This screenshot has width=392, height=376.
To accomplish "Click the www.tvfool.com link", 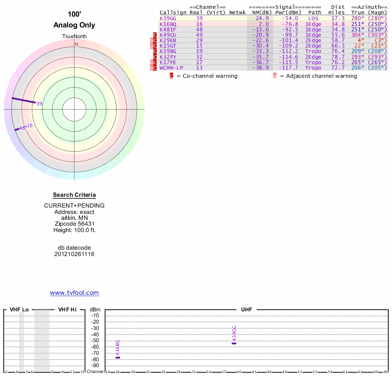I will point(74,293).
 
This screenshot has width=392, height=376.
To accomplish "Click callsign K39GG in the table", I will point(168,18).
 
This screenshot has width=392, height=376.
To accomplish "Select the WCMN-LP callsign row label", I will point(171,68).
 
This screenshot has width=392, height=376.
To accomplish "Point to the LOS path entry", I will point(314,18).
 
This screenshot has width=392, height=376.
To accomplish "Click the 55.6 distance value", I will point(338,35).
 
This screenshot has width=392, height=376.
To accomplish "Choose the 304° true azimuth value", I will point(358,35).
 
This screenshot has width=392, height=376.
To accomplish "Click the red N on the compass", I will point(76,44).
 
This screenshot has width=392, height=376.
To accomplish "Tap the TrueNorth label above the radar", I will point(74,37).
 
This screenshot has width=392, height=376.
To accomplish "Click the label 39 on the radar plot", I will point(39,103).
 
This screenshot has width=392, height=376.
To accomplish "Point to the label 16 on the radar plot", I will point(29,125).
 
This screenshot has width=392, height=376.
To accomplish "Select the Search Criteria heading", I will point(74,195).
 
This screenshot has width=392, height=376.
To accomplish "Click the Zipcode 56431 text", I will point(74,223).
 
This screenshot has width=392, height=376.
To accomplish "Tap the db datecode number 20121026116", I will point(74,254).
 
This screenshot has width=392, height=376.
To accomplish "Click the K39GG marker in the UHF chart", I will point(234,343).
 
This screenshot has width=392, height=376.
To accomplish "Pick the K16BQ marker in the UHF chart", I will point(118,357).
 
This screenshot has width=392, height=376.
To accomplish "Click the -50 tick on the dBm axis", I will point(95,341).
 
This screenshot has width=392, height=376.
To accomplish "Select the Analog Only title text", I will point(74,25).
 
